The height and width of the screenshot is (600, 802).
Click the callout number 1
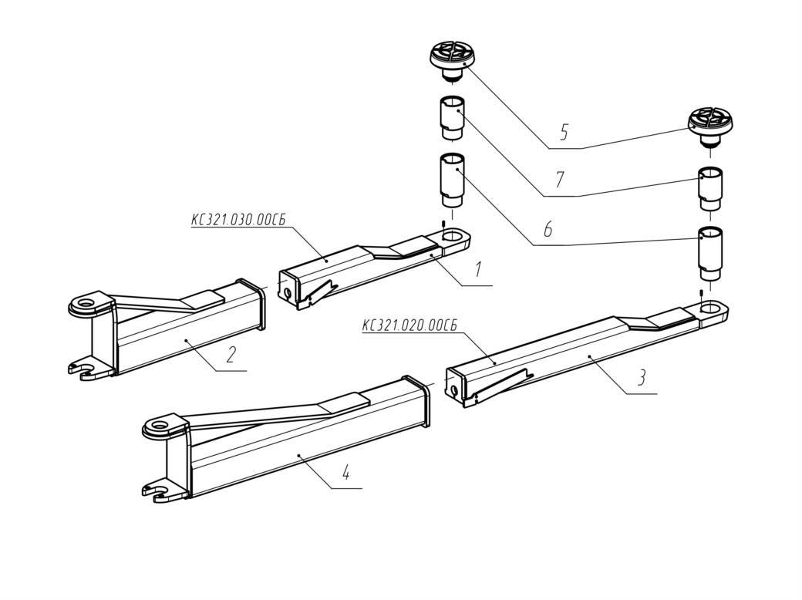coord(477,269)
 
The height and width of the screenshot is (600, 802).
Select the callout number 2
coord(231,354)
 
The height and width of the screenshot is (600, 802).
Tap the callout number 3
coord(642,377)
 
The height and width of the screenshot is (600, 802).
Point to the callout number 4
coord(346,472)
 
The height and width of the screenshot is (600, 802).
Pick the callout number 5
coord(564,132)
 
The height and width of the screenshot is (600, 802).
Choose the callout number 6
coord(548,228)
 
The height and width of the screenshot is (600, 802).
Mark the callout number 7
coord(560,180)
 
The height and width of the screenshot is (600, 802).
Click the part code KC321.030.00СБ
coord(238,221)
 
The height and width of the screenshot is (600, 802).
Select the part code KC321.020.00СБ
coord(409,325)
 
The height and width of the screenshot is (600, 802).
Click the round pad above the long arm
coord(710,126)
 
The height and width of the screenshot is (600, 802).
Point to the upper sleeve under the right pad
coord(710,188)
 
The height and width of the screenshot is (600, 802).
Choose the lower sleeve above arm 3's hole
coord(710,253)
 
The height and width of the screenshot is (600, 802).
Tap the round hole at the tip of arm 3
coord(710,308)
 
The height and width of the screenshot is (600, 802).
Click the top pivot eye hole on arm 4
coord(162,425)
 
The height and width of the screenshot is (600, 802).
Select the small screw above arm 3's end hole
coord(701,292)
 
